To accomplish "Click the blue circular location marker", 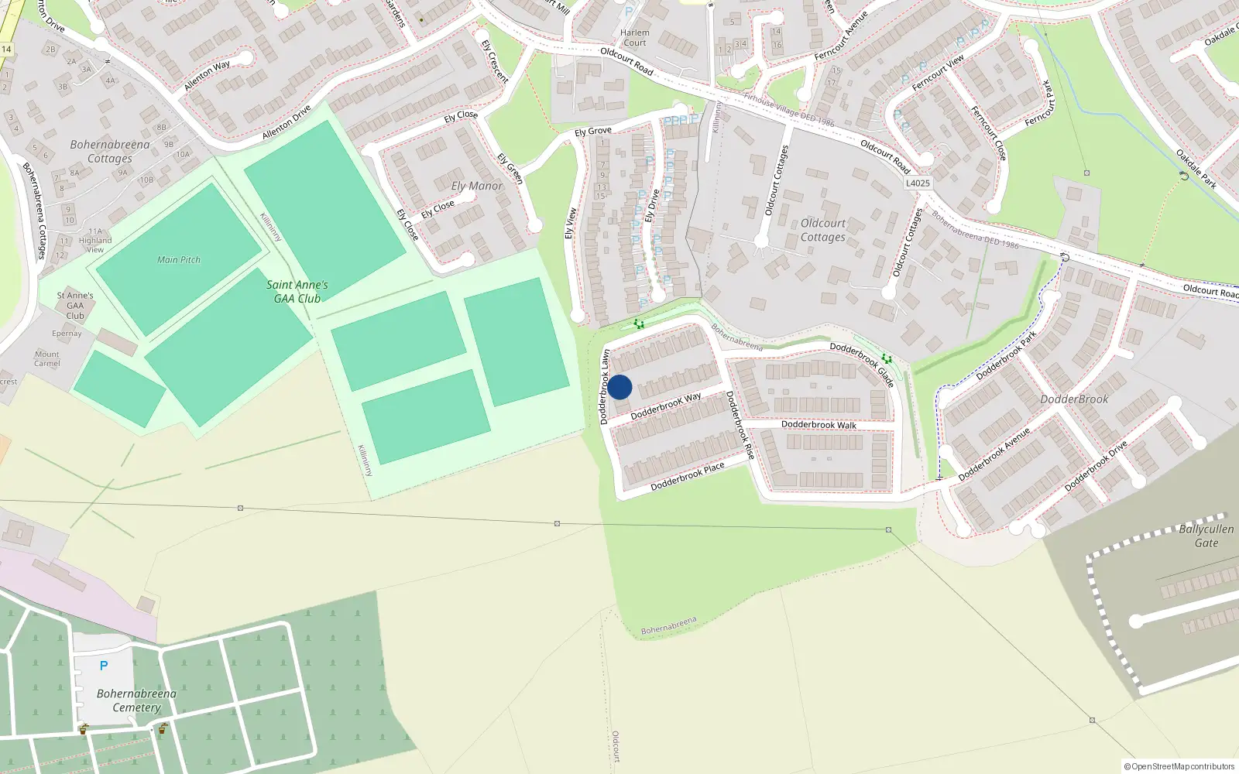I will (x=619, y=387).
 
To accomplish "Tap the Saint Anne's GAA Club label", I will (x=297, y=292).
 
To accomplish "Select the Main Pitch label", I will (x=179, y=260).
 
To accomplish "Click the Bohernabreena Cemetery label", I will (x=136, y=700).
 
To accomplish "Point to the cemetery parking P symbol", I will (x=104, y=666).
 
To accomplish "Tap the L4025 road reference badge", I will (x=918, y=183).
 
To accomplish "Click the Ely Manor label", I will (x=477, y=187).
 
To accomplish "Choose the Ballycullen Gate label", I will (x=1206, y=536).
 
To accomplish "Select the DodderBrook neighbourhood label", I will (x=1074, y=399).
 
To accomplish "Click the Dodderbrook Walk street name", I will (x=819, y=425).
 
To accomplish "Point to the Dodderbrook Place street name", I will (x=688, y=476).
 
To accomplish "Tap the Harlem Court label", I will (x=634, y=38).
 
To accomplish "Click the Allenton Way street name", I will (x=207, y=75).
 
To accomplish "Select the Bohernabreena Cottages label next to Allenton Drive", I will (x=110, y=152).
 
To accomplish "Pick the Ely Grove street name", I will (x=593, y=132).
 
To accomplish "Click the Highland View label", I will (x=94, y=245).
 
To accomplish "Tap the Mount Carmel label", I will (x=46, y=359).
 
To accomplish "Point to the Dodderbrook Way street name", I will (x=666, y=406).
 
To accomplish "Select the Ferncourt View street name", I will (x=938, y=72).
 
